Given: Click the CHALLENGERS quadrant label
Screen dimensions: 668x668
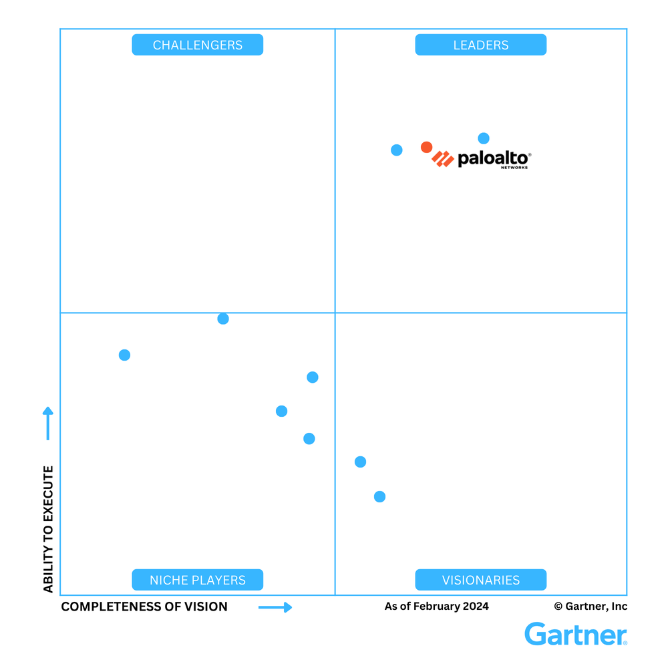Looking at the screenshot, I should [197, 45].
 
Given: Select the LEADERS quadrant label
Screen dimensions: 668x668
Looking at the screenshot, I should [481, 45].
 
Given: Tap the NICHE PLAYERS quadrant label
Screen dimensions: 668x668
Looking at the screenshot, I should [198, 580].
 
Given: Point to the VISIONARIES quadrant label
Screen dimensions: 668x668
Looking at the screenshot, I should [481, 580].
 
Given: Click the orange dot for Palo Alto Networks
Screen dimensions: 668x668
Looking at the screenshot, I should [426, 147].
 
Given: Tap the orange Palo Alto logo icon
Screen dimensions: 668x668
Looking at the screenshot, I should [443, 158].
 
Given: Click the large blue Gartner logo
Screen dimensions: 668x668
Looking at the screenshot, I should [576, 634].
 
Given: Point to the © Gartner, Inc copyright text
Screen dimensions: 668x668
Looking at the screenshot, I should [591, 607].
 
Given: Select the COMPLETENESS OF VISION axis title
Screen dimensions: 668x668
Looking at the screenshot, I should [144, 607].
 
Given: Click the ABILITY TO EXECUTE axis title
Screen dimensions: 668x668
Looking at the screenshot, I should [48, 529].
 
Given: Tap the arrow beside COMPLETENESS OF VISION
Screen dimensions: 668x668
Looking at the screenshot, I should [275, 607].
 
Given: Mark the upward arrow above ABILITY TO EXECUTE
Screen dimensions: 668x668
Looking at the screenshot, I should [48, 423].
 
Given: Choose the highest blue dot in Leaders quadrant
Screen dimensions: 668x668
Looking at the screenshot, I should [484, 138].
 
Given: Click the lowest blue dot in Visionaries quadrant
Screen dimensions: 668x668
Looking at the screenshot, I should [379, 496].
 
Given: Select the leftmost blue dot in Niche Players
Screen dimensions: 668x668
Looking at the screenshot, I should [124, 355].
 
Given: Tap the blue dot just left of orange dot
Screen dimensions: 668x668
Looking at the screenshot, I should [396, 150].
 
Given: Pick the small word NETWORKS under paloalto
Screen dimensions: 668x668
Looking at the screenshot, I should [514, 167].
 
